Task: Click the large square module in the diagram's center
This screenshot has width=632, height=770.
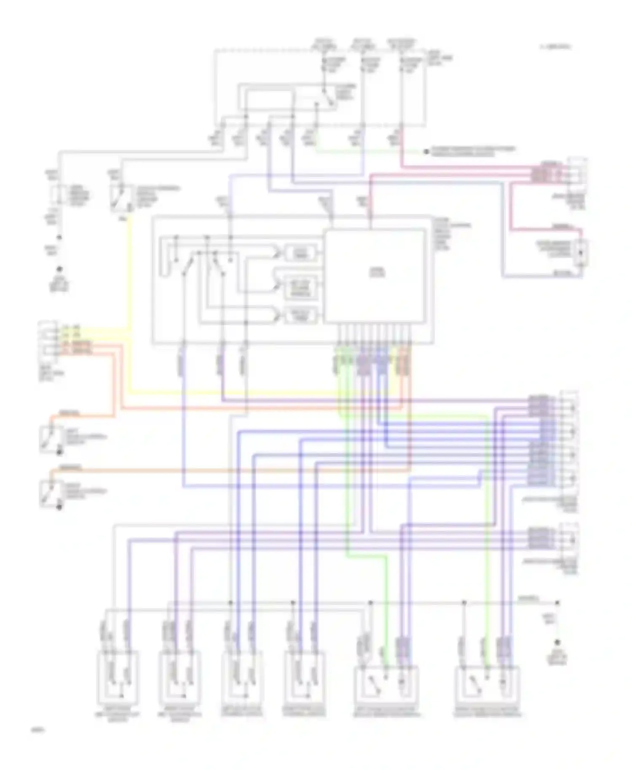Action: point(374,275)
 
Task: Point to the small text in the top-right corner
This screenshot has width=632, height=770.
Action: point(555,47)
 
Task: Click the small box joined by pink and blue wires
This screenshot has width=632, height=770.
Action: point(581,253)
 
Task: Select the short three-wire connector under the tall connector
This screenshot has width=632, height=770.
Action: point(569,539)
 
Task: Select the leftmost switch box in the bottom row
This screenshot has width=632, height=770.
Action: point(118,676)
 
